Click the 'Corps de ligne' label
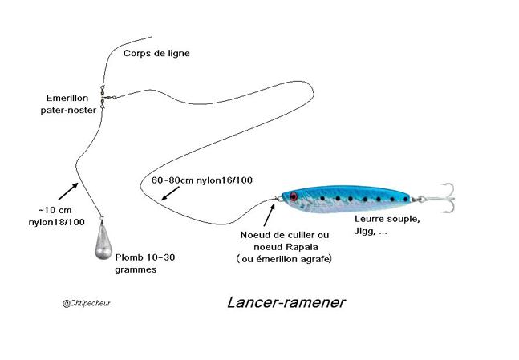[x=156, y=54]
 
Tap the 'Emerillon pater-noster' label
[x=68, y=104]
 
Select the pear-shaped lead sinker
[x=103, y=238]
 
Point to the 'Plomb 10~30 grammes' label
[x=145, y=263]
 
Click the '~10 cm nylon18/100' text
[x=57, y=216]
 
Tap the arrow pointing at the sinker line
[x=68, y=192]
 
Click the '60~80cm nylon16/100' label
[x=202, y=180]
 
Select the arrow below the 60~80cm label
[x=170, y=193]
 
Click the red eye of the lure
[x=294, y=196]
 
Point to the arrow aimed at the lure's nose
[x=269, y=215]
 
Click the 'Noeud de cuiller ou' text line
[x=285, y=235]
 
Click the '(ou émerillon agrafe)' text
[x=284, y=259]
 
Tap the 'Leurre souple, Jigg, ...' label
[x=387, y=225]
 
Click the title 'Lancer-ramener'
[x=286, y=302]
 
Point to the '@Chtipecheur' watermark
[x=87, y=303]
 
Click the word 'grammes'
[x=136, y=269]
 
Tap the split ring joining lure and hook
[x=421, y=199]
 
